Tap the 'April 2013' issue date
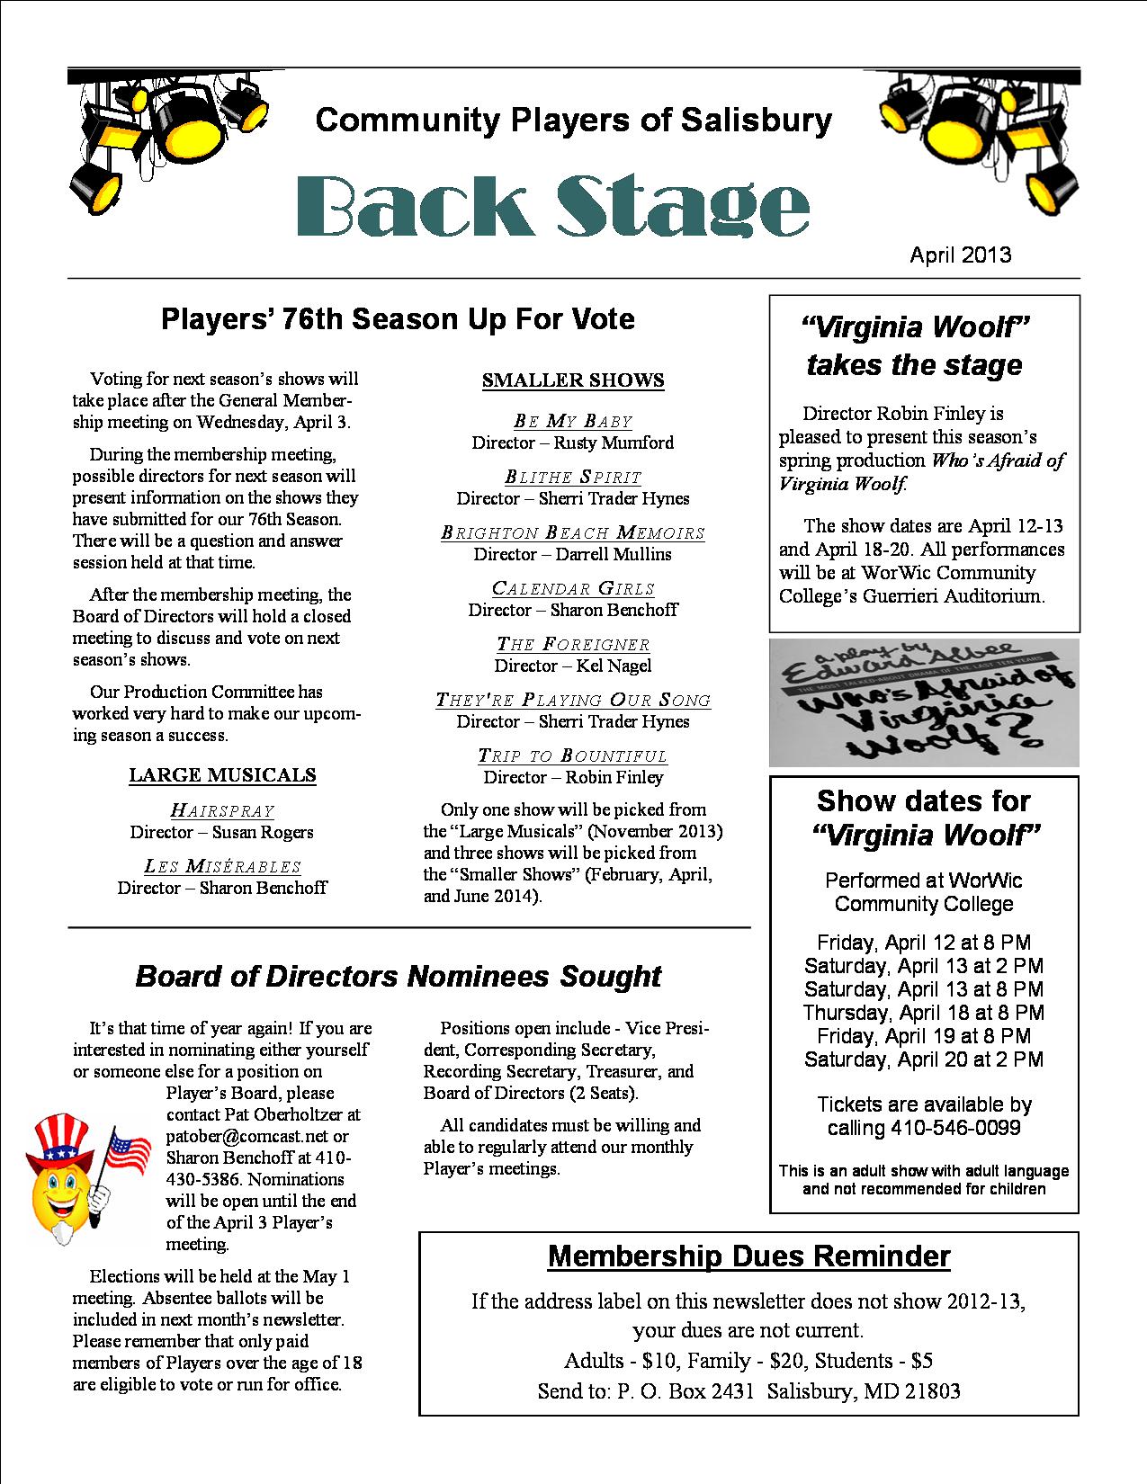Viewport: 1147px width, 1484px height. [960, 255]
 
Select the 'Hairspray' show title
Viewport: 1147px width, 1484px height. [222, 810]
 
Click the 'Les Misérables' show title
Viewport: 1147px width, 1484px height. [222, 866]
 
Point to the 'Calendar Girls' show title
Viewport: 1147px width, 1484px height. [573, 588]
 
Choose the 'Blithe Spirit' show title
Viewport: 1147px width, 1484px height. [573, 477]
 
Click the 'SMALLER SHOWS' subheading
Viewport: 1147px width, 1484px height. [573, 380]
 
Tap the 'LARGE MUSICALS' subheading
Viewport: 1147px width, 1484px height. [222, 774]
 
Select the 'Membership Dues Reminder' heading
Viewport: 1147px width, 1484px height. [748, 1256]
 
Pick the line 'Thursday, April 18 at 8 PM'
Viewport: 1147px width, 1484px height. [924, 1013]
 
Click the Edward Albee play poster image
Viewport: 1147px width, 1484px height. [924, 702]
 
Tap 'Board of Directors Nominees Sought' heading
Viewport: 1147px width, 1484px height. [398, 976]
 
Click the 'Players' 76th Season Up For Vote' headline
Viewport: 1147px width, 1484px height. [398, 318]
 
